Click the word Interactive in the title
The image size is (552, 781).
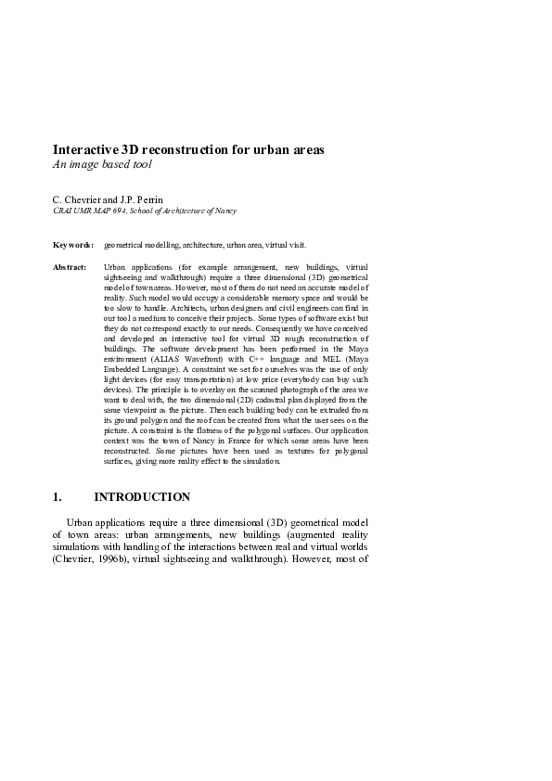click(x=85, y=149)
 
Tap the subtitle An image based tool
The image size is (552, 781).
click(x=102, y=164)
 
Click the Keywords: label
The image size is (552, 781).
click(x=72, y=245)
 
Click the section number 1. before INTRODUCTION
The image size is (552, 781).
click(x=58, y=497)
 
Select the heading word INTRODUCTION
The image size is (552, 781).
click(x=142, y=497)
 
